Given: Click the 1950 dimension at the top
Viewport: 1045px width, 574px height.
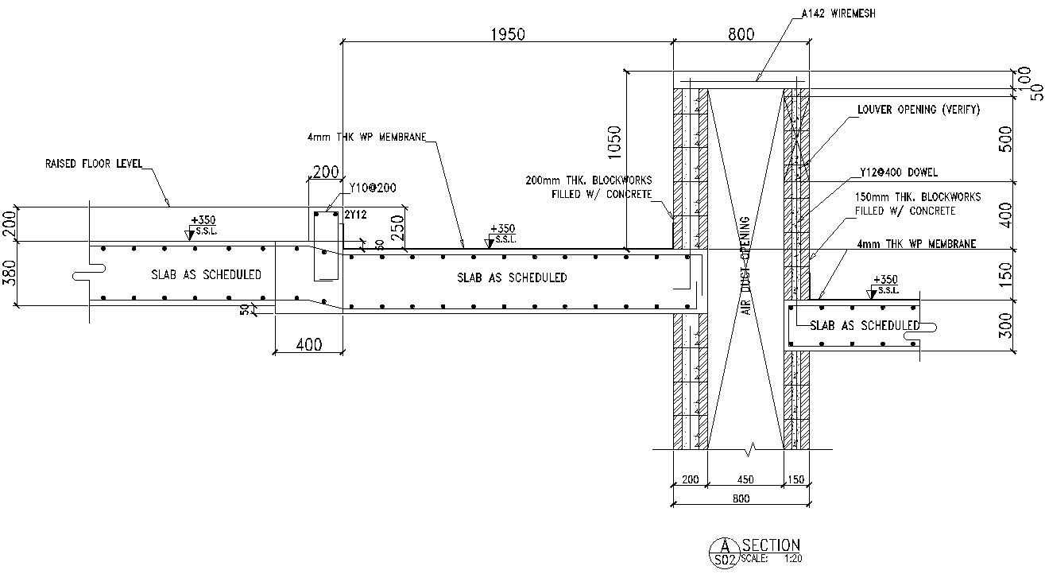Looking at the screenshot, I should coord(508,34).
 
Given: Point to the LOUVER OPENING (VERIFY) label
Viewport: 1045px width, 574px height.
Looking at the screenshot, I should coord(918,110).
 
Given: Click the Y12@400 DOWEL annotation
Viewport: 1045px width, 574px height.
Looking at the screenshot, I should coord(898,172).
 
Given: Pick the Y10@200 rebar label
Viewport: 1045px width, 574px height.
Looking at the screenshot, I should coord(373,188).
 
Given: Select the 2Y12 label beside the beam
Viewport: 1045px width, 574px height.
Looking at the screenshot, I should coord(354,215).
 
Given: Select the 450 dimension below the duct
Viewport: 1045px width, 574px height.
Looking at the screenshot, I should coord(745,479).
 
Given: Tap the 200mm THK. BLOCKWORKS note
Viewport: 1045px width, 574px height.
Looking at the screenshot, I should coord(588,187).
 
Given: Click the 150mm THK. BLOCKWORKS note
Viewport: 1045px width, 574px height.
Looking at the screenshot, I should coord(918,204).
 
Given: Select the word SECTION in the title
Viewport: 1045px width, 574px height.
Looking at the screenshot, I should coord(771,545).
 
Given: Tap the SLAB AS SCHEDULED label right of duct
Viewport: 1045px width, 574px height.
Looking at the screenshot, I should coord(865,326).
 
